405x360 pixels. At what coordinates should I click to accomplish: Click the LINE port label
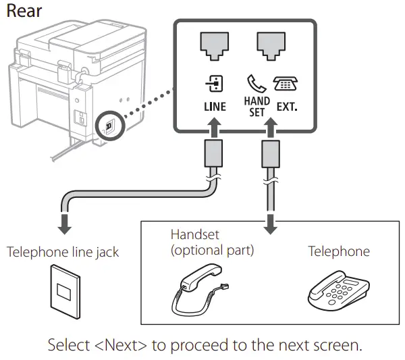click(215, 107)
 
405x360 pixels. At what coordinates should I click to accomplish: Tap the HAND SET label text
click(257, 107)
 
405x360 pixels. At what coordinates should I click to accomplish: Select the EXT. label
click(287, 107)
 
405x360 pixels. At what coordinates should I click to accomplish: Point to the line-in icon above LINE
click(215, 84)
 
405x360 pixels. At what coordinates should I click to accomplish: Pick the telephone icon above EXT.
click(286, 84)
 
